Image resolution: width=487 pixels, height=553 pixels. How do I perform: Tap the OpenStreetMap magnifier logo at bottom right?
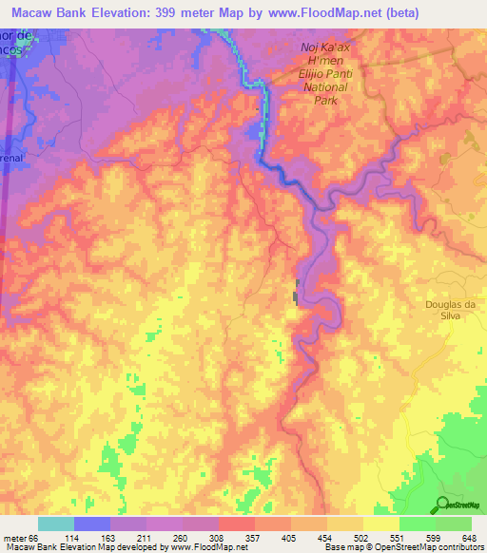[443, 505]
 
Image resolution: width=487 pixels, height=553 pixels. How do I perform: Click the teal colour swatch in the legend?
[56, 524]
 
